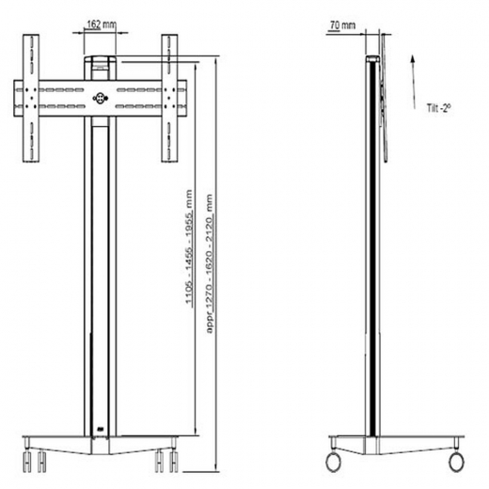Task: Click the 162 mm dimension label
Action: (x=101, y=24)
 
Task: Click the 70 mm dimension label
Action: (x=343, y=25)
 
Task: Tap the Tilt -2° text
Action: (x=438, y=108)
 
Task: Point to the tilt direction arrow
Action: (x=414, y=82)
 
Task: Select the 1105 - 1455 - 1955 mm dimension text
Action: (x=189, y=246)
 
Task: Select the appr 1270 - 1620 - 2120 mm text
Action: (x=210, y=263)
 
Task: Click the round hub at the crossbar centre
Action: (x=101, y=98)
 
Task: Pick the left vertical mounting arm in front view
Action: (x=31, y=98)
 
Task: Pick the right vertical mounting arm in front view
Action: (x=169, y=98)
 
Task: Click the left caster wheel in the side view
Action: (x=333, y=462)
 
